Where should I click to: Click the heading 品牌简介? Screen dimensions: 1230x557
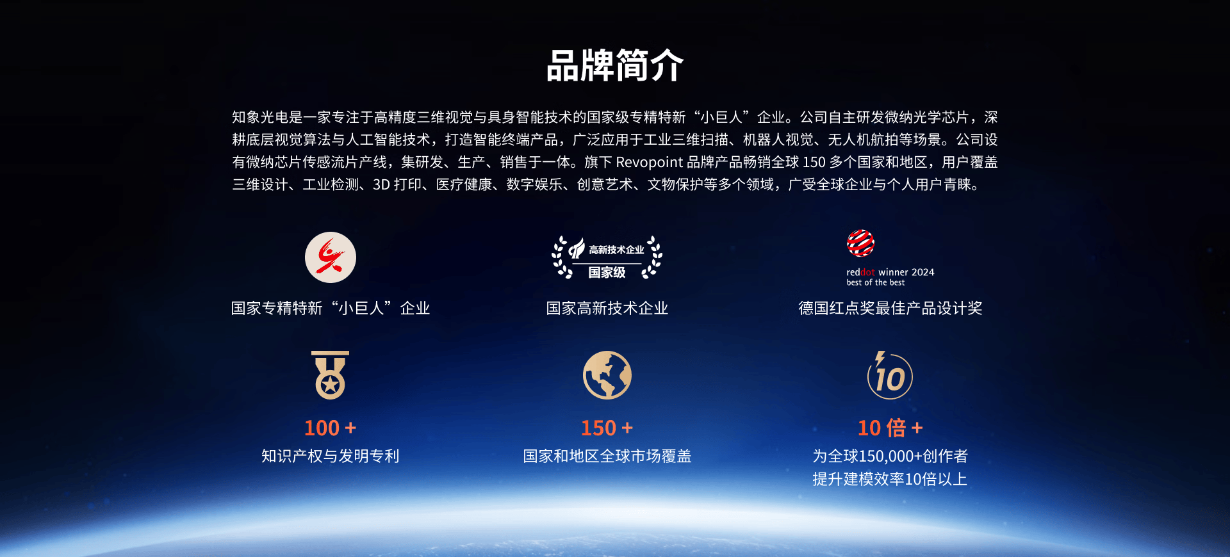point(615,65)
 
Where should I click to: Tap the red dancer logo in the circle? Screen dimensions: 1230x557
point(331,257)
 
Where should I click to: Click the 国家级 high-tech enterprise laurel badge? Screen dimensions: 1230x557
point(607,258)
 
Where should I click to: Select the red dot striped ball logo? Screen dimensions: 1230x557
point(860,243)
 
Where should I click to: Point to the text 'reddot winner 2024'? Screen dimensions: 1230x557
point(890,272)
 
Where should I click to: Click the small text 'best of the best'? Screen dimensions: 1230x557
point(875,282)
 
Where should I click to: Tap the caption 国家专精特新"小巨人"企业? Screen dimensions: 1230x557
point(331,308)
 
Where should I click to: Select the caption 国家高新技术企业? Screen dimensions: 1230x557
point(607,308)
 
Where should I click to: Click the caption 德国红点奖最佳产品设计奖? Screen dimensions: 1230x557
point(890,308)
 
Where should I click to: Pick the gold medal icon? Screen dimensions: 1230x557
point(331,375)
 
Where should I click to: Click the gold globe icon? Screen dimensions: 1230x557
point(607,375)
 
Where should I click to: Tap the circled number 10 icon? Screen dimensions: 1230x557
point(890,375)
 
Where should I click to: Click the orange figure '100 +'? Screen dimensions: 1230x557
point(331,428)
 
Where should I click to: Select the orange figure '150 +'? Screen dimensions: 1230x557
point(607,428)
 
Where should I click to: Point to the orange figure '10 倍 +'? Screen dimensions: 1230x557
point(890,428)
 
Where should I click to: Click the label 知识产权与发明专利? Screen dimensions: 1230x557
point(331,456)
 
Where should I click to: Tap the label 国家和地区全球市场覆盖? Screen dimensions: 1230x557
point(607,456)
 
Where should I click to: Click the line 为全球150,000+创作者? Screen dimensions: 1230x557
point(890,456)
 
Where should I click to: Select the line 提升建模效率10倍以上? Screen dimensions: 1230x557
point(890,479)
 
